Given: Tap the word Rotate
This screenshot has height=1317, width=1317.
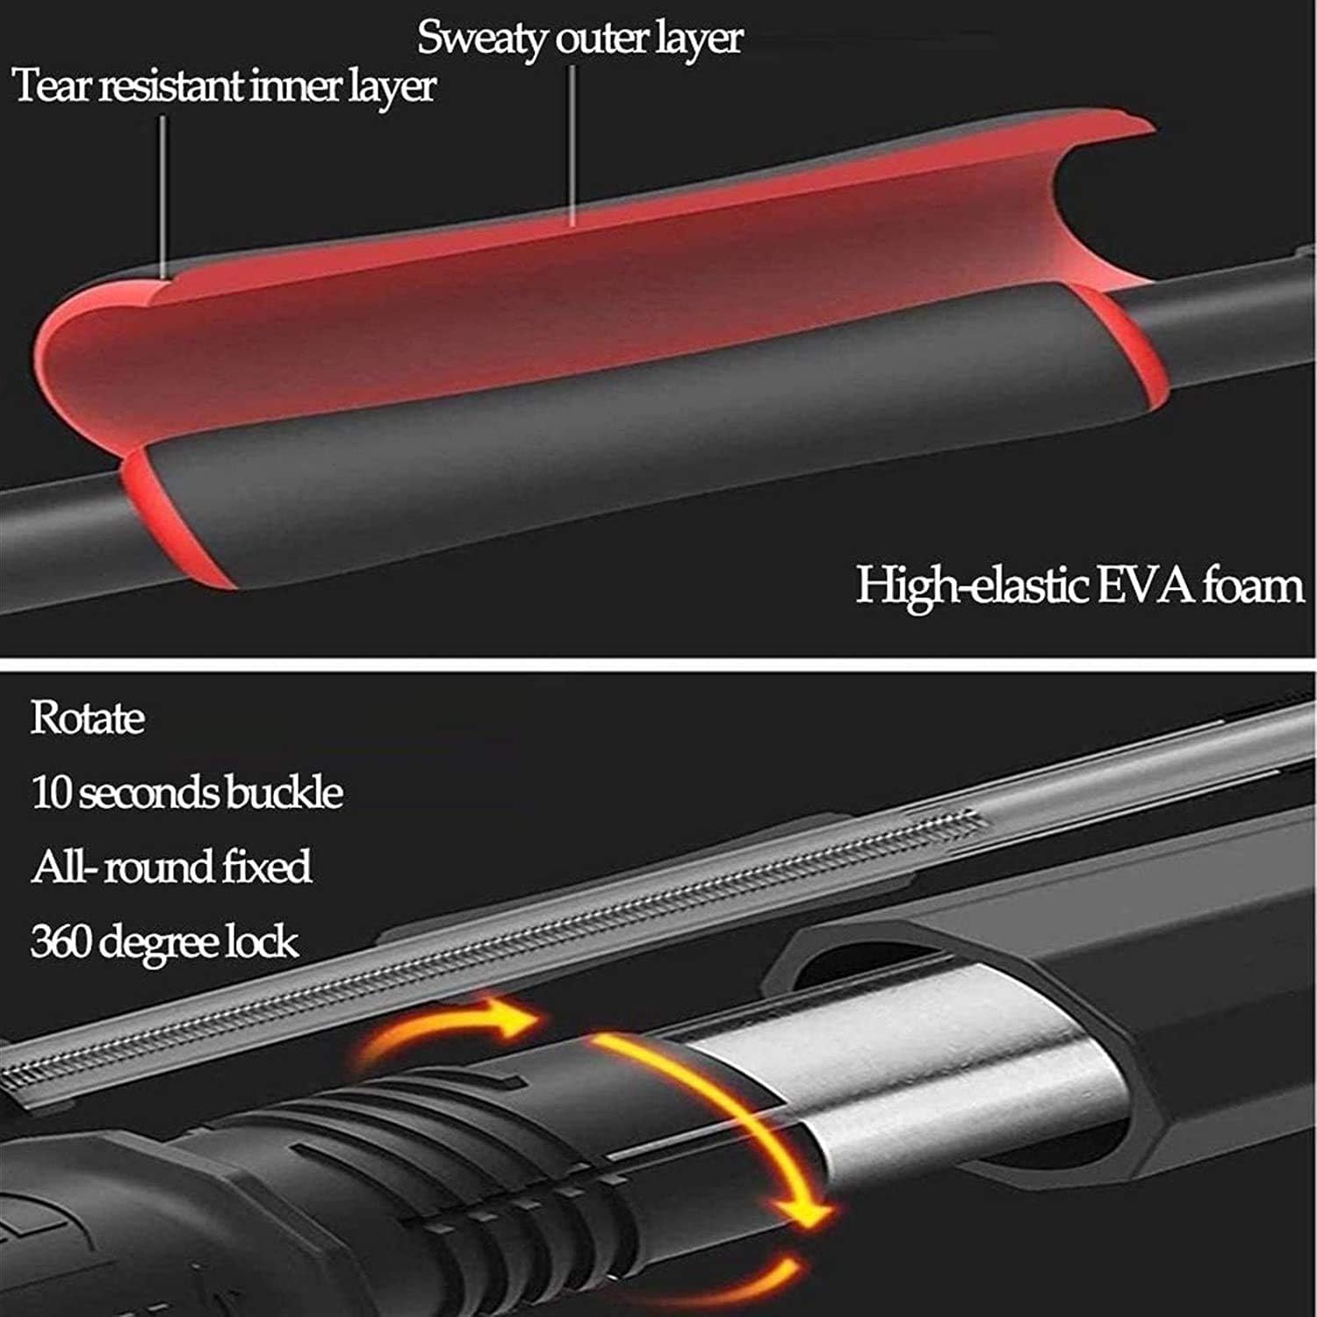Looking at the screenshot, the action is point(87,717).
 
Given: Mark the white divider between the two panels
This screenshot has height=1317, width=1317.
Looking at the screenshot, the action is point(658,664).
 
